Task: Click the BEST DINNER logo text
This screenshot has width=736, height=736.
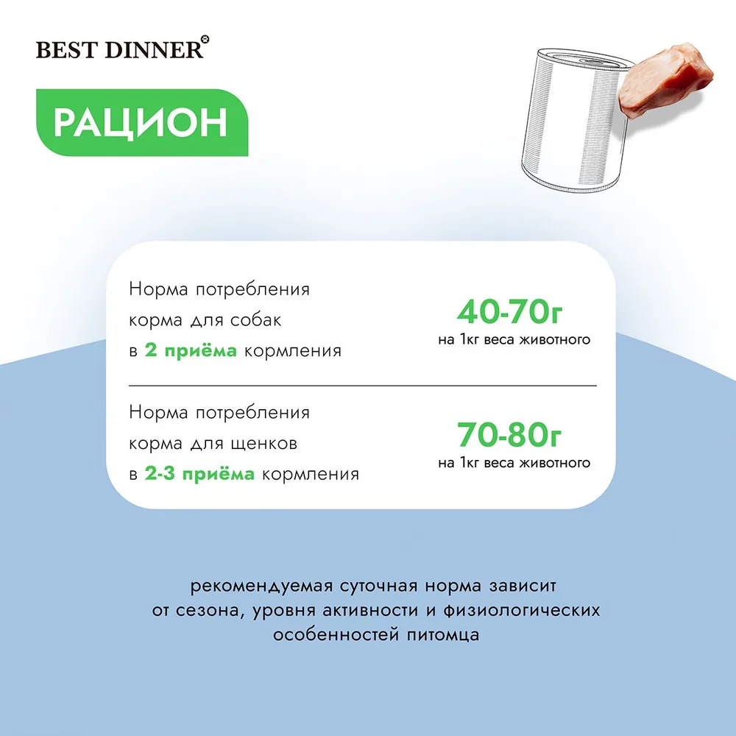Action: pos(120,50)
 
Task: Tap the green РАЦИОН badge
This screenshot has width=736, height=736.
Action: pos(142,122)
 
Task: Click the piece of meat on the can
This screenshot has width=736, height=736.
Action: pos(665,81)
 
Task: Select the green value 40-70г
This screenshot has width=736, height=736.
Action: pos(510,312)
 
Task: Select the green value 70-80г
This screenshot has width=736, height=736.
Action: pos(510,435)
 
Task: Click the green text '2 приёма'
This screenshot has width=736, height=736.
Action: pos(191,351)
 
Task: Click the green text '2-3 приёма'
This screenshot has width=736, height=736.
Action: pos(199,474)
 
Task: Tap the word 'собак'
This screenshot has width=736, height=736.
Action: pos(256,320)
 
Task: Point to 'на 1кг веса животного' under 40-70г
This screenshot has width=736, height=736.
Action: pos(514,340)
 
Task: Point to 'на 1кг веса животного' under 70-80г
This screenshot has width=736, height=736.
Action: pos(514,463)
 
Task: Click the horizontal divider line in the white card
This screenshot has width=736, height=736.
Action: pos(363,386)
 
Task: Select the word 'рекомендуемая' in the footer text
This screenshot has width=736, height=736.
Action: pos(261,587)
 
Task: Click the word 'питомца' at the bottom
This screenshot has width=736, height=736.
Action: pos(443,636)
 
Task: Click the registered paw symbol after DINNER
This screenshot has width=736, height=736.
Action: pos(205,40)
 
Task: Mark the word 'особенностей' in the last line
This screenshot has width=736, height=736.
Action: pos(336,635)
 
